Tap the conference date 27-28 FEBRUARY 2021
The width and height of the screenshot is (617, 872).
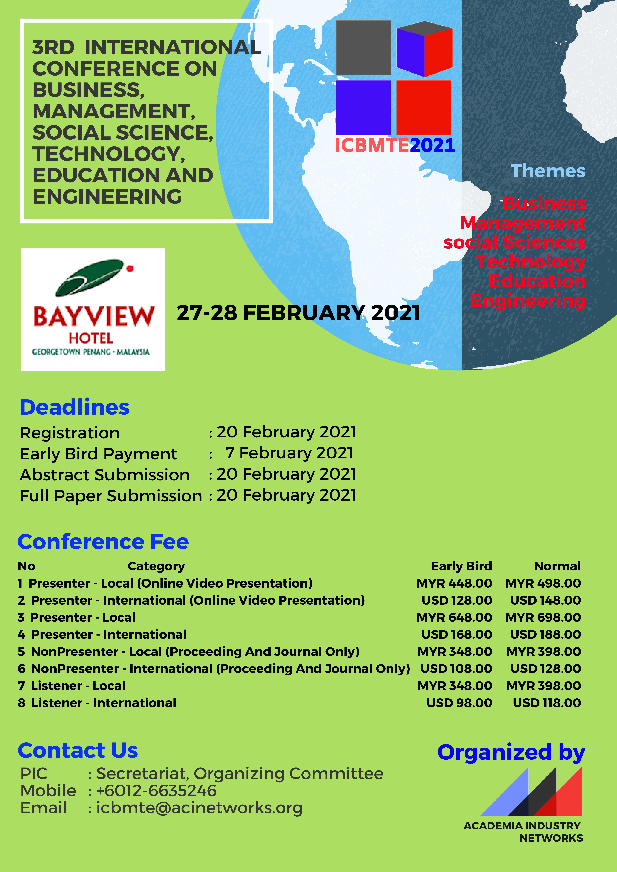tap(298, 313)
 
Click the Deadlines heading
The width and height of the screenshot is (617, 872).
tap(75, 407)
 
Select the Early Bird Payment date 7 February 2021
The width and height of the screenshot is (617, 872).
tap(289, 453)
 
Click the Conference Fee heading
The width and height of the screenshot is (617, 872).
tap(103, 542)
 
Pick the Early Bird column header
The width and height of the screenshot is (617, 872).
tap(461, 566)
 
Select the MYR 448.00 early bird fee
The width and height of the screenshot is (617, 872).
tap(454, 583)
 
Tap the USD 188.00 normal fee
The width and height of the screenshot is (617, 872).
tap(545, 634)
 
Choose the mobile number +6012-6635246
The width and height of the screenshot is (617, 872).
tap(156, 791)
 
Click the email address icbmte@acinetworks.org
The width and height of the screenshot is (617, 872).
tap(199, 808)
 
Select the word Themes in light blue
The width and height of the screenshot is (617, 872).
tap(548, 171)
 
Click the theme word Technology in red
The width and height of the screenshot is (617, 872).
tap(530, 262)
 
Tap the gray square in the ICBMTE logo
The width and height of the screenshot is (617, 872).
tap(363, 47)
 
